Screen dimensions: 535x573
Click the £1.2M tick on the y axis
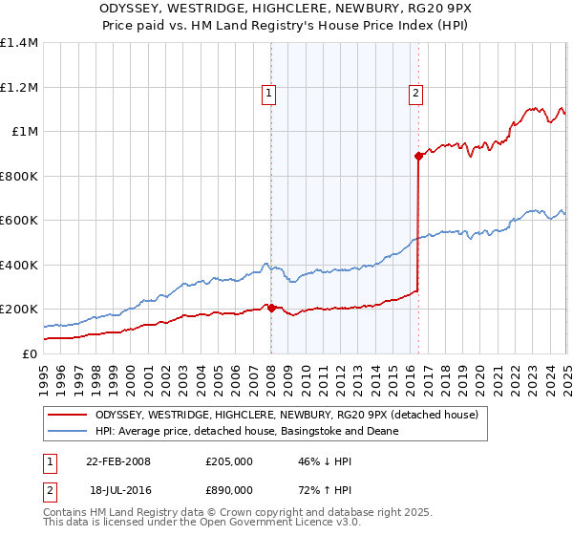coord(20,87)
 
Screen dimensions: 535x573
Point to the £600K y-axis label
coord(19,220)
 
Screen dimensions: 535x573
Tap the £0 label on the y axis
coord(29,353)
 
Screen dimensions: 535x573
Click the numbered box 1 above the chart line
coord(270,94)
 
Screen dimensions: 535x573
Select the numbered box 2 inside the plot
coord(417,94)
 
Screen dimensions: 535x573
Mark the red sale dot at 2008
coord(271,308)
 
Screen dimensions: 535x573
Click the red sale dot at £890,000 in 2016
coord(418,156)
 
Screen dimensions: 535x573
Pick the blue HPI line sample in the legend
coord(68,431)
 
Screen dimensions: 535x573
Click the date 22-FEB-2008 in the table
coord(118,461)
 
